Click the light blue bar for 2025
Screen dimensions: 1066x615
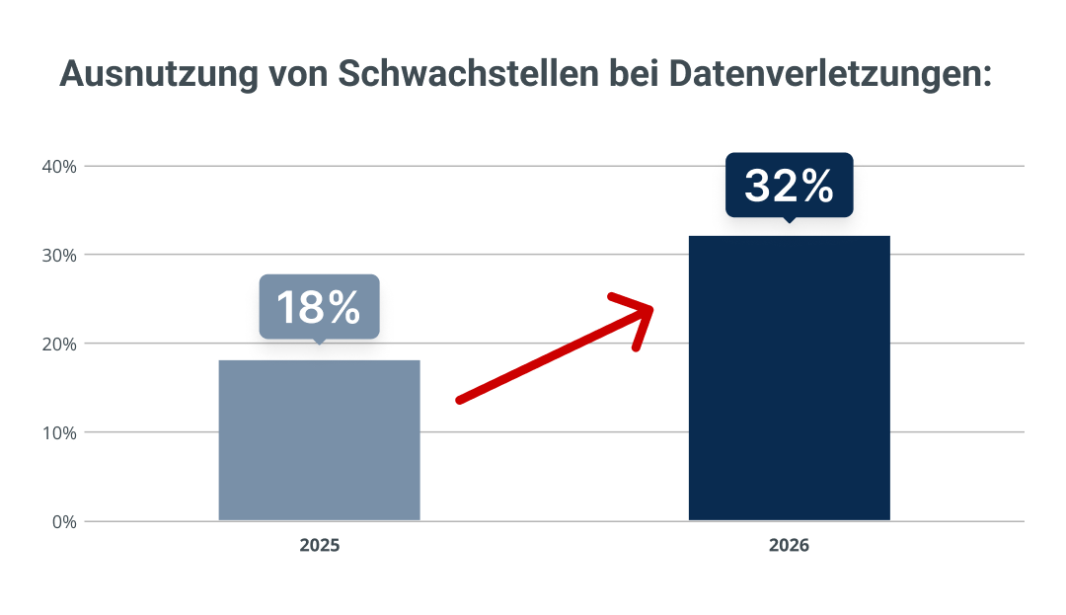[319, 440]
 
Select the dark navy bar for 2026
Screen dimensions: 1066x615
[790, 378]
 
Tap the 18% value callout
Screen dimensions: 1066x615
[319, 307]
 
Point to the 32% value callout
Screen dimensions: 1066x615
[790, 186]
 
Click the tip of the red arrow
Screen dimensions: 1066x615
[651, 309]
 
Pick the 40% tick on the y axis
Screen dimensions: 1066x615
[60, 167]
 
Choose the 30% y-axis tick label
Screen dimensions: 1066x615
[60, 256]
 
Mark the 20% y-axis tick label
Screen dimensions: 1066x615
[60, 345]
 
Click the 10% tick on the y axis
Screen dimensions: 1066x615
[60, 433]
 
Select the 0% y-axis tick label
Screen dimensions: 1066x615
[64, 522]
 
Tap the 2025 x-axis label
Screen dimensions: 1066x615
[320, 545]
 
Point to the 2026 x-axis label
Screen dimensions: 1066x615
[789, 545]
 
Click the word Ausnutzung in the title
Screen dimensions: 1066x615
[159, 74]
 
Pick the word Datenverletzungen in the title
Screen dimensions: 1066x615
[830, 75]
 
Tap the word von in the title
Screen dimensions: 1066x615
[298, 76]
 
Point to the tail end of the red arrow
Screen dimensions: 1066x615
[460, 400]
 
